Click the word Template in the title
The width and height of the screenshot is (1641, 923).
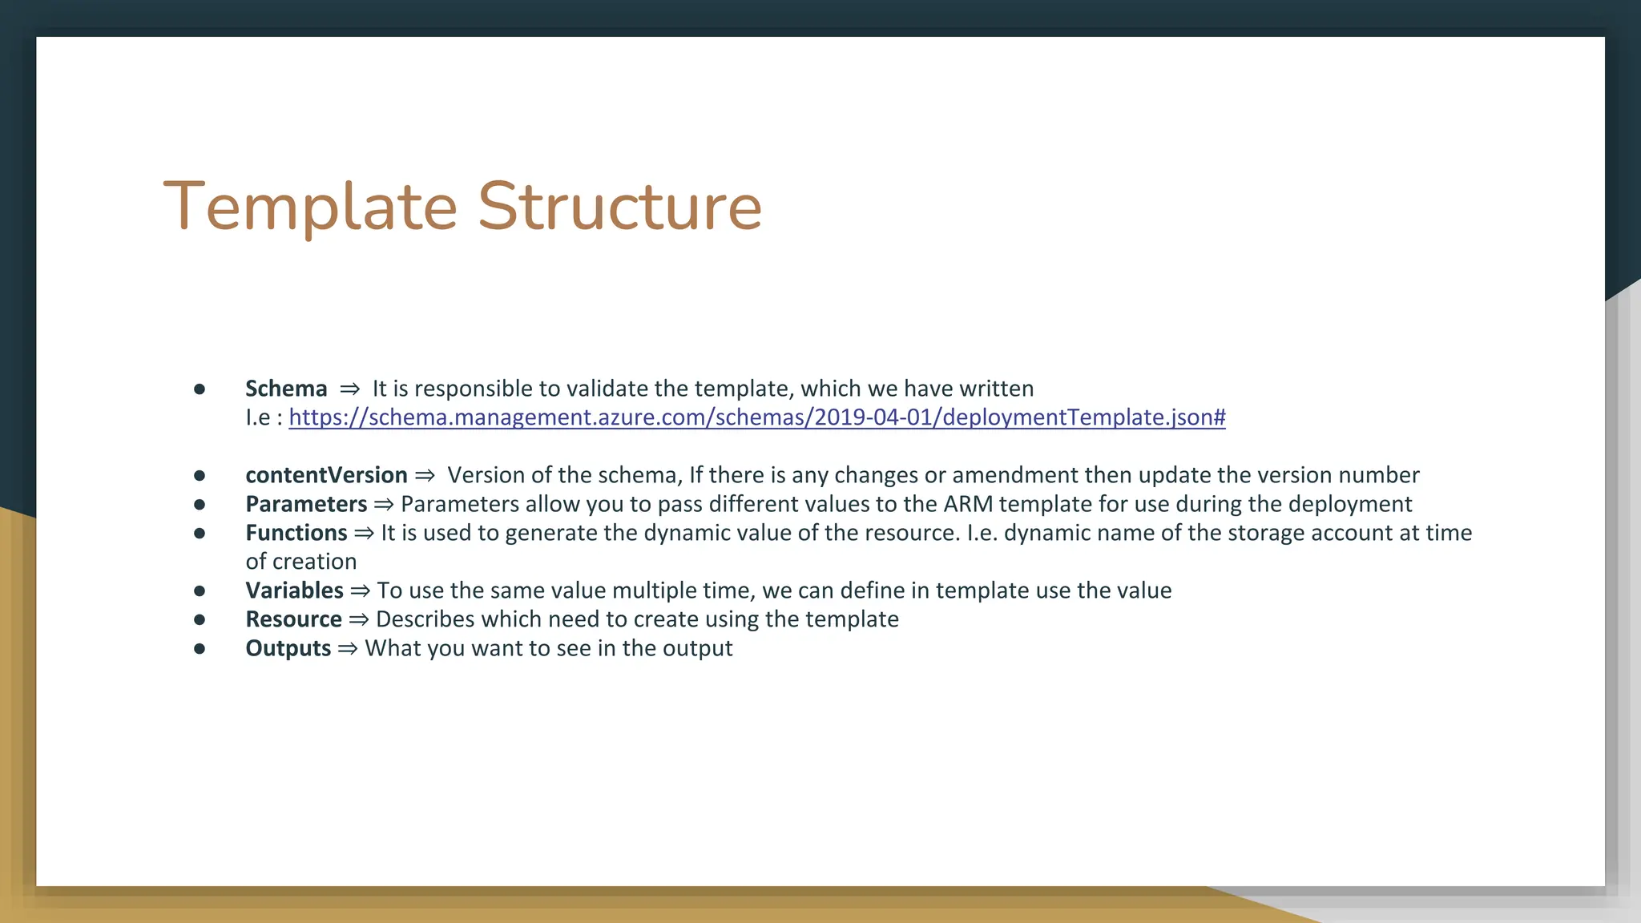click(x=310, y=207)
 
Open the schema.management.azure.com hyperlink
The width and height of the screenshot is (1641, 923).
click(x=756, y=417)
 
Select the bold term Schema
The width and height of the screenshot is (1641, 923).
click(x=286, y=389)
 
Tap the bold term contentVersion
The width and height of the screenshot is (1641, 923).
click(x=326, y=475)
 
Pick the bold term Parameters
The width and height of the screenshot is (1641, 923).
click(x=306, y=504)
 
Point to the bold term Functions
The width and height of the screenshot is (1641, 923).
click(x=296, y=533)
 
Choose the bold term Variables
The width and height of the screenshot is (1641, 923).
click(x=294, y=590)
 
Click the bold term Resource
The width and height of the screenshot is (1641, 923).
click(x=293, y=619)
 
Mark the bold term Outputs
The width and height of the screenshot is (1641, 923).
click(x=288, y=648)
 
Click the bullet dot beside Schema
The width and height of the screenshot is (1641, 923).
click(x=200, y=389)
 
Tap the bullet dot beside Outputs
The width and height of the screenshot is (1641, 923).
click(x=200, y=649)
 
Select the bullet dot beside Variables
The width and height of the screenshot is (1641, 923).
click(x=200, y=591)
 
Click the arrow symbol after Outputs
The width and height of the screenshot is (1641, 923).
click(x=347, y=649)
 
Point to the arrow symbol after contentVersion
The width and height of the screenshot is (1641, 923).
click(x=425, y=476)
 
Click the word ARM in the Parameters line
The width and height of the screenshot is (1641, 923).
click(x=968, y=504)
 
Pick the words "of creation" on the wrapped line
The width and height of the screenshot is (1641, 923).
click(x=300, y=562)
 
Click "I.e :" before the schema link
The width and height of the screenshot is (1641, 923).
click(x=264, y=417)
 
